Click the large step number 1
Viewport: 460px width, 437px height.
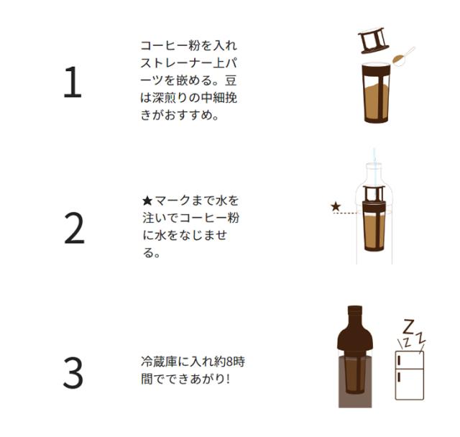(73, 82)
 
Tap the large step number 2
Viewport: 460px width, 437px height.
(74, 228)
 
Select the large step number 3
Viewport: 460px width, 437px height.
(73, 373)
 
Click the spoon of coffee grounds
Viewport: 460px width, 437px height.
(403, 57)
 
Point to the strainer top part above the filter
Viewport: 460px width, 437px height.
(373, 40)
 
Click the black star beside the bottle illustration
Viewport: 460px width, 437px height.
(336, 206)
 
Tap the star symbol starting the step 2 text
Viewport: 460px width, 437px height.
(147, 201)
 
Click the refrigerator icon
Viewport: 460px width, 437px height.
(410, 375)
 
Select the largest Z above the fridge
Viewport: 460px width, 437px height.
(408, 327)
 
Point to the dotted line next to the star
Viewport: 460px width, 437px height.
(345, 213)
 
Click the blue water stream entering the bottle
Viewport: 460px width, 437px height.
(374, 167)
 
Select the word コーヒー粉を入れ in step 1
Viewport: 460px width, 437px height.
(188, 46)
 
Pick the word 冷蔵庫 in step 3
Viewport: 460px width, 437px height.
(159, 362)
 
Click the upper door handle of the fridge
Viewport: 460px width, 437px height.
(399, 361)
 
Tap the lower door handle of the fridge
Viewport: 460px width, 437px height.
(399, 377)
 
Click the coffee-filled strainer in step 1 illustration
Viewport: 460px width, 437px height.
(377, 93)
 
